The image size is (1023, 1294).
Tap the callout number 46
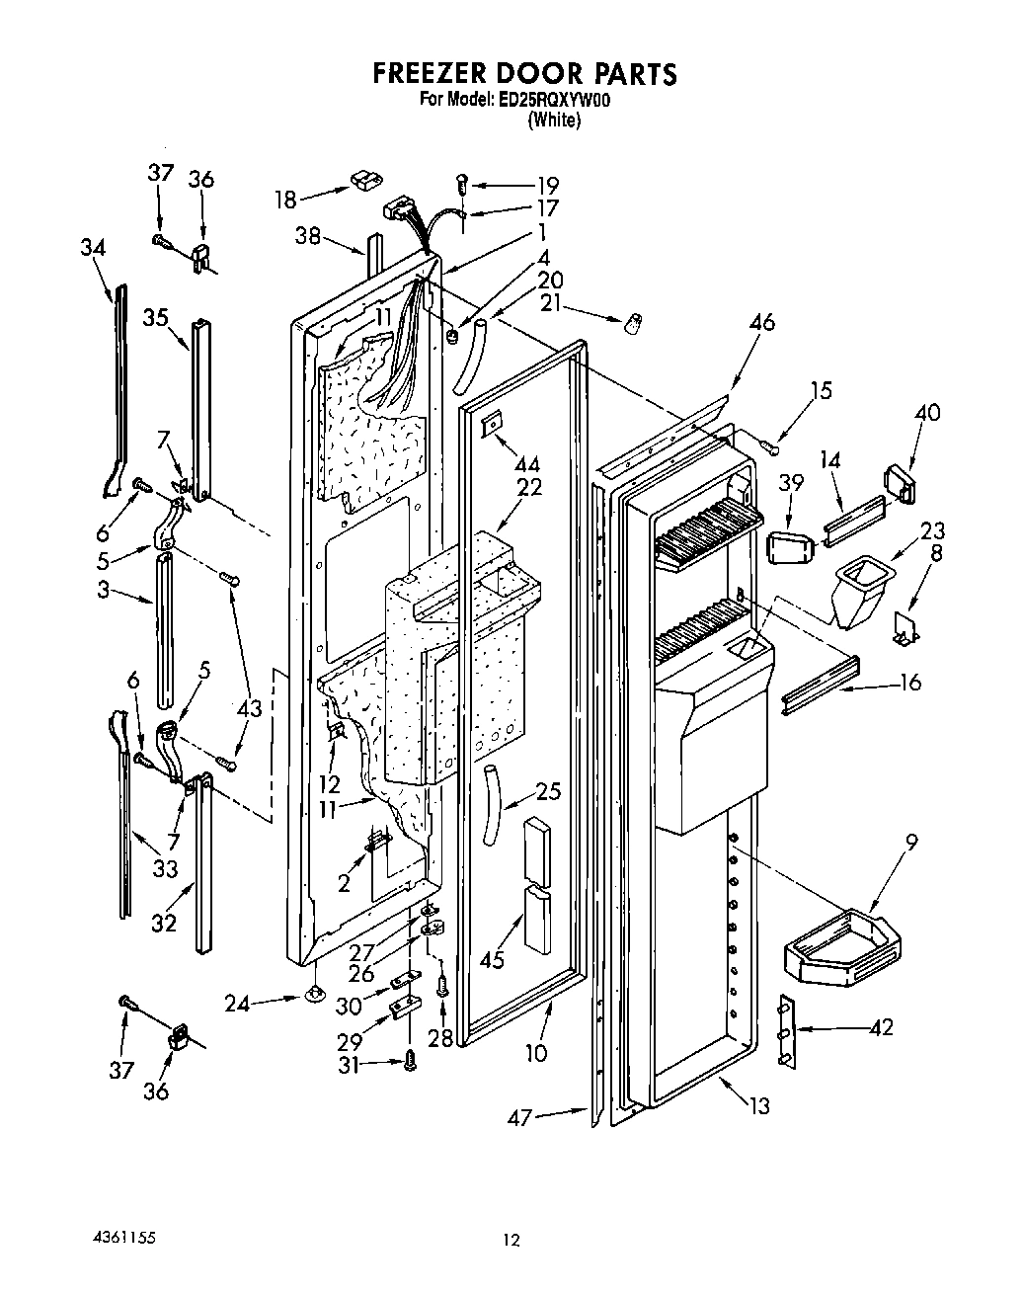click(x=761, y=322)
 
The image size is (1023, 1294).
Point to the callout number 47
click(x=519, y=1117)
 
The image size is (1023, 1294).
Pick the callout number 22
click(x=529, y=488)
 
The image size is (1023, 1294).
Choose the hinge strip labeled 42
click(x=785, y=1032)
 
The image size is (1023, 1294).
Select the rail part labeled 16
click(x=820, y=684)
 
